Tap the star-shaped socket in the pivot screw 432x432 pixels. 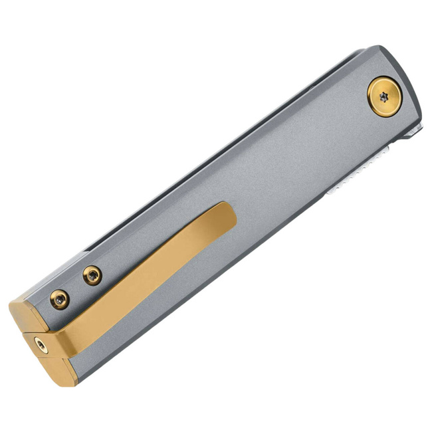(x=385, y=96)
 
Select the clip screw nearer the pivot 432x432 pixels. (x=92, y=274)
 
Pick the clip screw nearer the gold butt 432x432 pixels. (x=60, y=299)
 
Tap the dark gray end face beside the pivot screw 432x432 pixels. (x=412, y=93)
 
